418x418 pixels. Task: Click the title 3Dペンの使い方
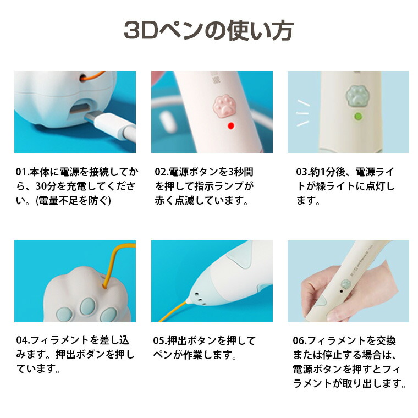click(x=209, y=30)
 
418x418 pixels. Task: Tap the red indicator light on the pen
click(x=231, y=125)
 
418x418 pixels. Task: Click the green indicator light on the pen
click(x=358, y=117)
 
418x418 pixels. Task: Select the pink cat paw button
click(x=225, y=106)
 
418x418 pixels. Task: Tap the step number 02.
click(x=161, y=172)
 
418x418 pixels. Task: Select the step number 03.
click(x=302, y=172)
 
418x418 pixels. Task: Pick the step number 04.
click(x=23, y=340)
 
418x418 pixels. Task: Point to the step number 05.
click(x=159, y=340)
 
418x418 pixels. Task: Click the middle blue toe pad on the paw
click(x=88, y=306)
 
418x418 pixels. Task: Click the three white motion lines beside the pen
click(x=304, y=113)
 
